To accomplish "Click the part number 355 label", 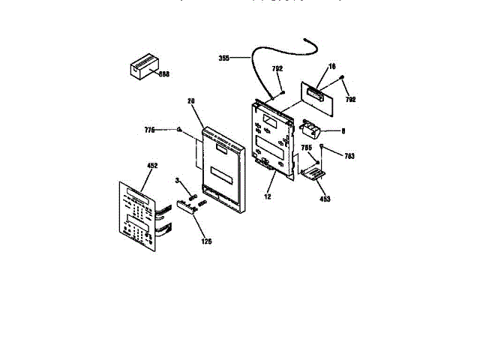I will click(224, 58).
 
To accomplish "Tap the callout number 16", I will click(331, 67).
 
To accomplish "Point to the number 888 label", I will click(164, 74).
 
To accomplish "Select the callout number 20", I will click(190, 100).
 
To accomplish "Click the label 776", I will click(149, 130).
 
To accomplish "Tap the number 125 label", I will click(205, 241).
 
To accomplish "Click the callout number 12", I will click(267, 196).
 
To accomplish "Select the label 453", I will click(324, 199).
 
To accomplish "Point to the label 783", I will click(349, 156).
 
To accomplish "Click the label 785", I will click(306, 148).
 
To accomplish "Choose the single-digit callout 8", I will click(343, 130).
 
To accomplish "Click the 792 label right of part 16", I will click(350, 99).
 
